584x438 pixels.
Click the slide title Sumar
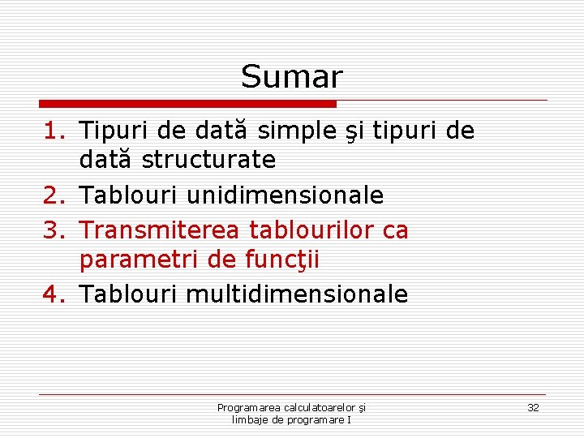tap(292, 77)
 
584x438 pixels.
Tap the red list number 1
tap(52, 131)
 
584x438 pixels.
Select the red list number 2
tap(52, 195)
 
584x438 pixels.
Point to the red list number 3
tap(52, 230)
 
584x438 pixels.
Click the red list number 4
tap(52, 294)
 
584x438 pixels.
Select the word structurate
tap(208, 161)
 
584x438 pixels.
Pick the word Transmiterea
tap(159, 230)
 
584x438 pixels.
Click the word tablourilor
tap(310, 230)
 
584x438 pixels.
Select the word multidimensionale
tap(297, 294)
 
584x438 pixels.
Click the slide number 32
tap(533, 407)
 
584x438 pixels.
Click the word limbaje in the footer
tap(251, 419)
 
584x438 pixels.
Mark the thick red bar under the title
tap(187, 104)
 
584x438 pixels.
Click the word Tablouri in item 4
tap(130, 294)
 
